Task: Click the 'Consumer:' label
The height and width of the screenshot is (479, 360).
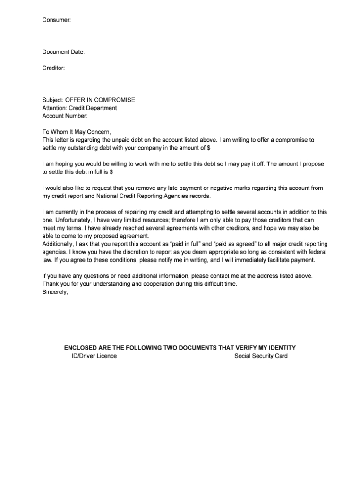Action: pyautogui.click(x=57, y=20)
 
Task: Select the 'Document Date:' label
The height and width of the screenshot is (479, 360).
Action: pyautogui.click(x=64, y=52)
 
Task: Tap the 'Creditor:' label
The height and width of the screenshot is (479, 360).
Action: pyautogui.click(x=53, y=68)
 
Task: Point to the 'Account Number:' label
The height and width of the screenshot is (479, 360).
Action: pyautogui.click(x=65, y=116)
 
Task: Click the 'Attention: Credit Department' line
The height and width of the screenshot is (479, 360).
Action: pyautogui.click(x=80, y=108)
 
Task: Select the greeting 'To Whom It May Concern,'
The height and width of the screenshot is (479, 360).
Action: pyautogui.click(x=77, y=132)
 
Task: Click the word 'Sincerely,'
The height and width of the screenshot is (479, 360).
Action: pyautogui.click(x=55, y=292)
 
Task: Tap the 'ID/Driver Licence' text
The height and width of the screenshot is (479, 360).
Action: pyautogui.click(x=91, y=356)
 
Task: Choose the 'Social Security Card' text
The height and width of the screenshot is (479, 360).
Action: pyautogui.click(x=261, y=356)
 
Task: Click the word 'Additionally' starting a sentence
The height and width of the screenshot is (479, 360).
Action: pyautogui.click(x=58, y=244)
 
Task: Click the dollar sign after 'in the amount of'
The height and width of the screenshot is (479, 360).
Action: pyautogui.click(x=208, y=148)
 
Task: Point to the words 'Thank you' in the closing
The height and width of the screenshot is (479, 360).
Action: pyautogui.click(x=55, y=284)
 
